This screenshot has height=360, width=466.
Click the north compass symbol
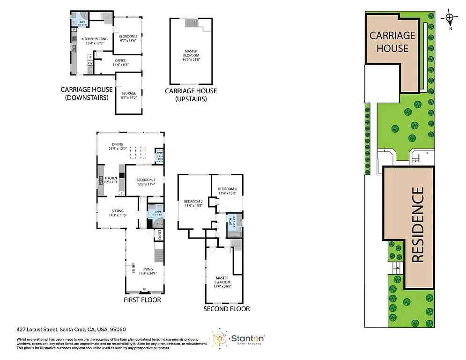450,19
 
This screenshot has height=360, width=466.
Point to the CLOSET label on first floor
160,234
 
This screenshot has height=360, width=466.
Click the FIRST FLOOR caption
142,300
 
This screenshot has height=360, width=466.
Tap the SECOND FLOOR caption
226,309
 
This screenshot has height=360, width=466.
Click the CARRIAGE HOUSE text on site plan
392,42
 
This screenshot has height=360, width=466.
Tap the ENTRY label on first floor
133,267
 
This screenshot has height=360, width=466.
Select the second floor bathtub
233,232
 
